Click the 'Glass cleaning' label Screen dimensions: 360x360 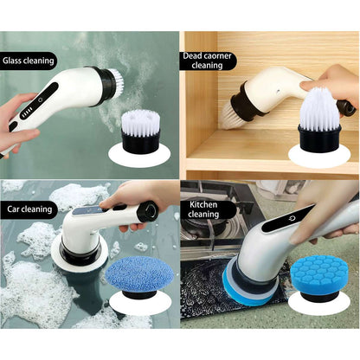tap(29, 61)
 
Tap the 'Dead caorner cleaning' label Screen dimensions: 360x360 tap(207, 61)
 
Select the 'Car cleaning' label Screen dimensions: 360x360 tap(29, 209)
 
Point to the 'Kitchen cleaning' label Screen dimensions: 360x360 tap(203, 209)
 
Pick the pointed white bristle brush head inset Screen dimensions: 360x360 tap(319, 120)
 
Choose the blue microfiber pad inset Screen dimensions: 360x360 tap(140, 277)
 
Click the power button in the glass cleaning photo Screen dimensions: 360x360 tap(41, 100)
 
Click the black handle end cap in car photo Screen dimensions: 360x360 tap(148, 211)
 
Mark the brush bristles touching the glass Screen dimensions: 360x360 tap(118, 78)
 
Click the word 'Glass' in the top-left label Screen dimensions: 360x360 tap(12, 61)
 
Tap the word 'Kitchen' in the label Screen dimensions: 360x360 tap(203, 205)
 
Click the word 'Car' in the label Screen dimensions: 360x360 tap(13, 209)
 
